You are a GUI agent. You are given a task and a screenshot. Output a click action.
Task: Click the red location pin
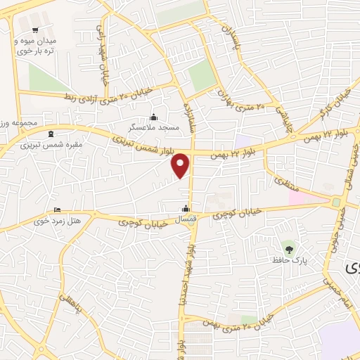181,165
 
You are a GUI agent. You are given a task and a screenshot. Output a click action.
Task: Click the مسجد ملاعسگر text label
153,127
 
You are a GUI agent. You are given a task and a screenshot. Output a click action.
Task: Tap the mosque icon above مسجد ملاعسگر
154,117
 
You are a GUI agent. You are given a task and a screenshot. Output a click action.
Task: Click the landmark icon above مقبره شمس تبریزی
49,134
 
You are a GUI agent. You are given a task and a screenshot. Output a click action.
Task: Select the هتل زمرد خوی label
58,221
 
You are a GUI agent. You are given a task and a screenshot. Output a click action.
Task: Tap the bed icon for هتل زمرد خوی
58,210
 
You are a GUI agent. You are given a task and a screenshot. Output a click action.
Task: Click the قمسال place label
185,219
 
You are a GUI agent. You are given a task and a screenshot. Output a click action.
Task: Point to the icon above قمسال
186,208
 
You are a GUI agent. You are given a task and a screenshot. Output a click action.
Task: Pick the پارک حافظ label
291,260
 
